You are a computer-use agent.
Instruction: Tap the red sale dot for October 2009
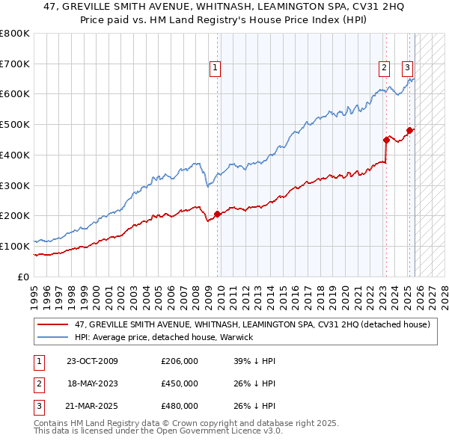point(218,214)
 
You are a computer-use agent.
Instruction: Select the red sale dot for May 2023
point(386,139)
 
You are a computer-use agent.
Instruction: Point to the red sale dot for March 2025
point(409,130)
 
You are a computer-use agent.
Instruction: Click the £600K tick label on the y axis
point(14,94)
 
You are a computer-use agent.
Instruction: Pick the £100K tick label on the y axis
point(14,246)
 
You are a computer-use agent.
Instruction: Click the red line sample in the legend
point(54,325)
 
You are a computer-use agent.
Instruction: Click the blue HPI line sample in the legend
point(54,338)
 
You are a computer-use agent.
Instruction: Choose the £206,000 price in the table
point(179,361)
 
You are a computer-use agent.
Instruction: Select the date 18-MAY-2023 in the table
point(93,383)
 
